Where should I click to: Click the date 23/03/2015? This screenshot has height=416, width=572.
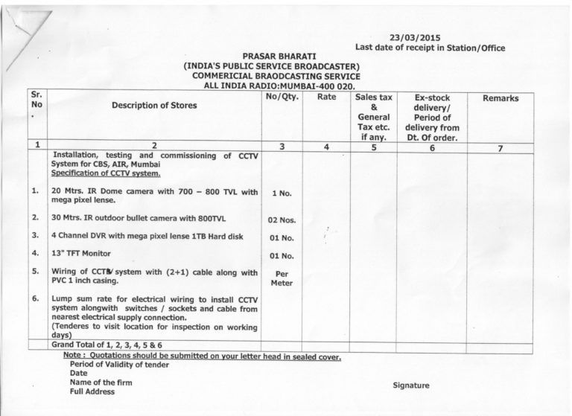point(415,37)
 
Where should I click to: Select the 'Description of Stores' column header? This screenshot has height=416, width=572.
point(154,106)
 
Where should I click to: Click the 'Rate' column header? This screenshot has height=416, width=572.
point(326,97)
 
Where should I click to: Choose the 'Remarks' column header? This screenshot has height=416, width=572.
point(500,98)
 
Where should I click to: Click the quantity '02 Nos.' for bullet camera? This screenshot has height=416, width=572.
point(282,220)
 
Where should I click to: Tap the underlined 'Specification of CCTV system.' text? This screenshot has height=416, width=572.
point(106,173)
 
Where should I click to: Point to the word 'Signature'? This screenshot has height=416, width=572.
point(411,385)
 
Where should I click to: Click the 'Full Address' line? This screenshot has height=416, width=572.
point(92,392)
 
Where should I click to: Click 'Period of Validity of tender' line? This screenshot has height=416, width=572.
point(119,365)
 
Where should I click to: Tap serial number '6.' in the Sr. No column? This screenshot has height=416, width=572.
point(35,298)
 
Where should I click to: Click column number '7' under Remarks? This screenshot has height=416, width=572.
point(500,148)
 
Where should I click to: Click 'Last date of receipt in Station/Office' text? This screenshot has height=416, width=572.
point(430,48)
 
